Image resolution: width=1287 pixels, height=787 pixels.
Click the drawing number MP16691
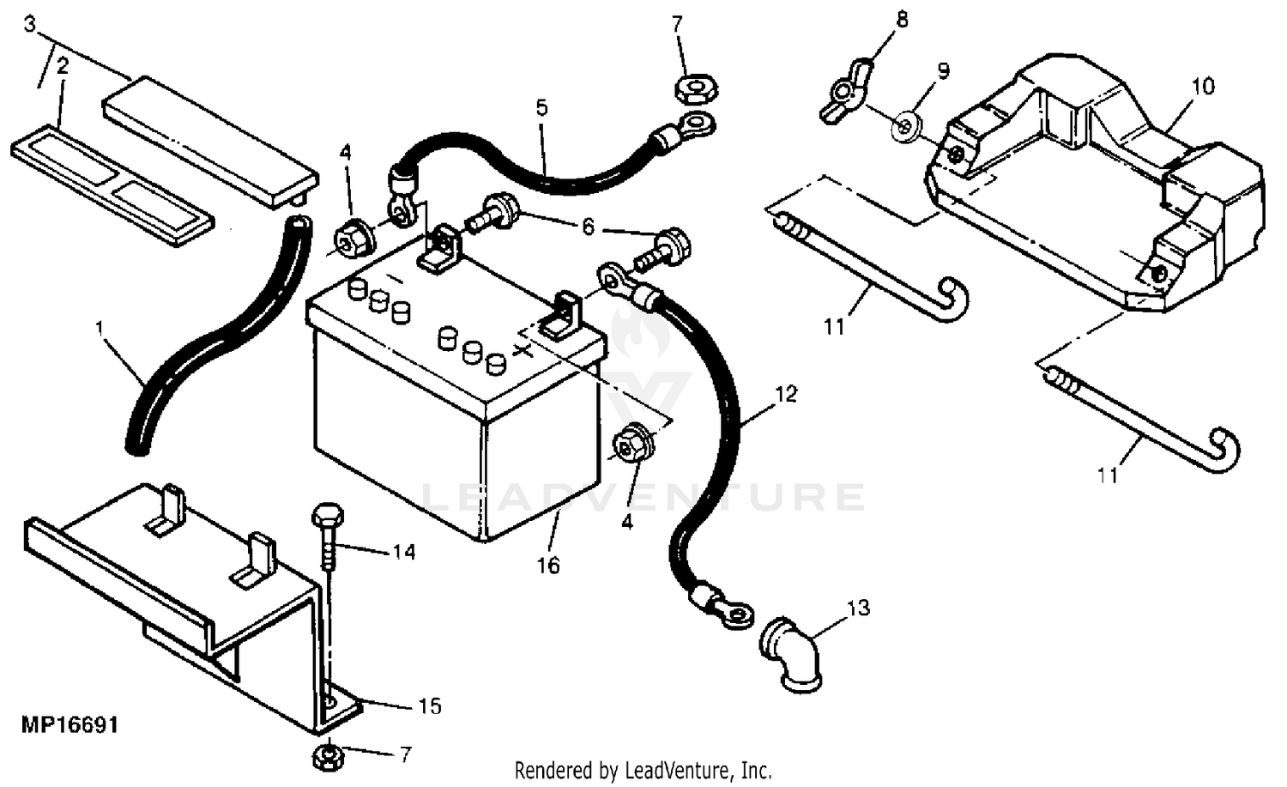point(69,725)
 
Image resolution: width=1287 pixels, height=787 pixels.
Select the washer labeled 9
point(907,125)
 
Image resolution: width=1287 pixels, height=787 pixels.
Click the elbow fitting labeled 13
point(790,655)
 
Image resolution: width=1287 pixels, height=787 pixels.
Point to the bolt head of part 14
point(328,514)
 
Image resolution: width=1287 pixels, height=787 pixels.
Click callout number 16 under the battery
point(548,566)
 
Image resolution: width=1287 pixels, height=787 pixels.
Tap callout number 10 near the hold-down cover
point(1203,86)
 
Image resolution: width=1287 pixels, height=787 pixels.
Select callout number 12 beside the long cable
point(787,395)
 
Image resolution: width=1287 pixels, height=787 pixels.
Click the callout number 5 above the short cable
point(541,107)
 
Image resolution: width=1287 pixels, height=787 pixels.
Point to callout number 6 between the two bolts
point(588,227)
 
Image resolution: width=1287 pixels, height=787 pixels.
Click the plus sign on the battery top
point(522,351)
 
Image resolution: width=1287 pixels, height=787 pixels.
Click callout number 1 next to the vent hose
point(100,328)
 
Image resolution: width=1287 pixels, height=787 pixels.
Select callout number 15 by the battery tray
point(430,706)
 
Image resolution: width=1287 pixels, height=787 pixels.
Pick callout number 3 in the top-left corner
point(29,24)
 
